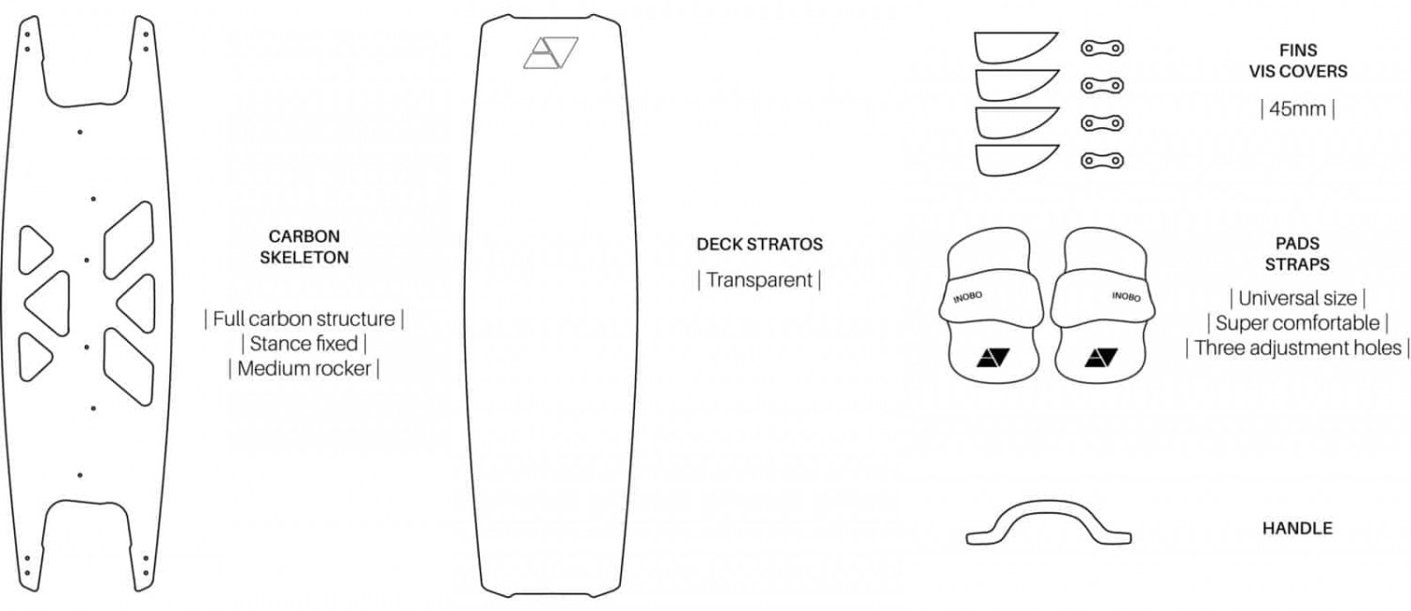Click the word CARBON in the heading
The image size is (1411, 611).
pos(304,236)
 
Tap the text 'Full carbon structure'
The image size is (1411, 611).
pos(304,319)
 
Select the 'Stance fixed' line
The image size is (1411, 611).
pos(304,344)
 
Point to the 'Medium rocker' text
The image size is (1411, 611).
pos(304,369)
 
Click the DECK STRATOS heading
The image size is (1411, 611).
pos(760,245)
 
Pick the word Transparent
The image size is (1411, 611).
pos(759,280)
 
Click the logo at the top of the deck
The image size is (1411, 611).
pos(550,53)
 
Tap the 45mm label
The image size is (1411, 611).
pos(1297,109)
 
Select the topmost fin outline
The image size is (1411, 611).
pos(1015,47)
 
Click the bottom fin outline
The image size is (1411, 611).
pos(1017,160)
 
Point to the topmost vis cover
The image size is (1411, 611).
pos(1102,48)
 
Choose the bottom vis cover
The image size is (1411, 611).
pos(1102,161)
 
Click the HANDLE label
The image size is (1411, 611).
pos(1297,528)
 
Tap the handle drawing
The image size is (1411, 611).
pos(1049,523)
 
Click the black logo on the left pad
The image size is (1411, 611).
pos(992,358)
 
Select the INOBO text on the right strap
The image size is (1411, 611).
pos(1126,297)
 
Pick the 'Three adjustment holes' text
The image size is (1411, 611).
pos(1297,348)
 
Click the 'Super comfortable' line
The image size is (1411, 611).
pos(1297,324)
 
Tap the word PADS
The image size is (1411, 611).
pos(1297,244)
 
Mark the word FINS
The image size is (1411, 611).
pos(1298,51)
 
